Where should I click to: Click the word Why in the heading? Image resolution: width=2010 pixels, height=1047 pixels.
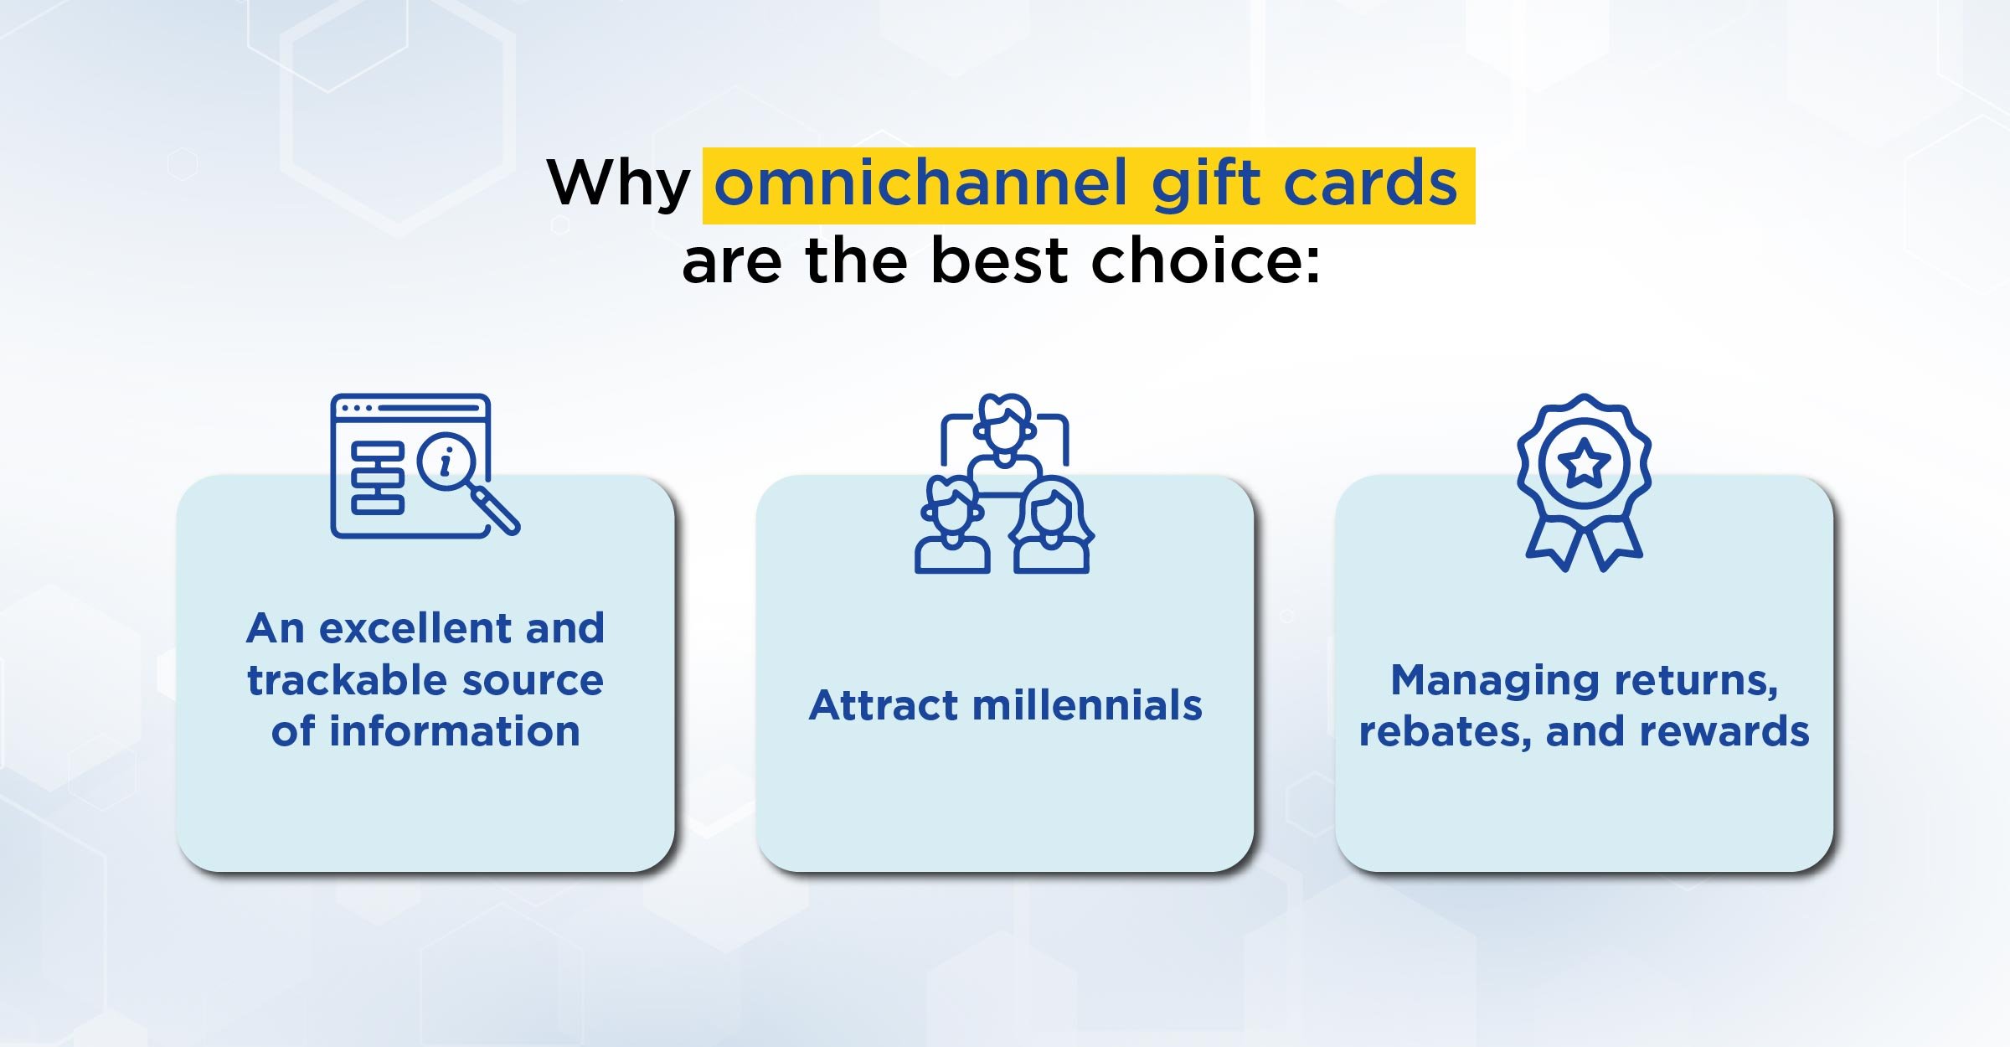click(x=619, y=184)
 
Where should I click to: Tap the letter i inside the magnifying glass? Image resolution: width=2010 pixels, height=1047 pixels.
click(x=446, y=461)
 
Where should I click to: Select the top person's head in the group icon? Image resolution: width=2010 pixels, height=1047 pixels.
click(x=1005, y=421)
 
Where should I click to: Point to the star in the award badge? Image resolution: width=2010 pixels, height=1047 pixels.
click(x=1584, y=463)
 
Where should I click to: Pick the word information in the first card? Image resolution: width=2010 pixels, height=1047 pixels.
click(x=455, y=730)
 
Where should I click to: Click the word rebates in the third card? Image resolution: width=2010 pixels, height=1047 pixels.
click(x=1446, y=732)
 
